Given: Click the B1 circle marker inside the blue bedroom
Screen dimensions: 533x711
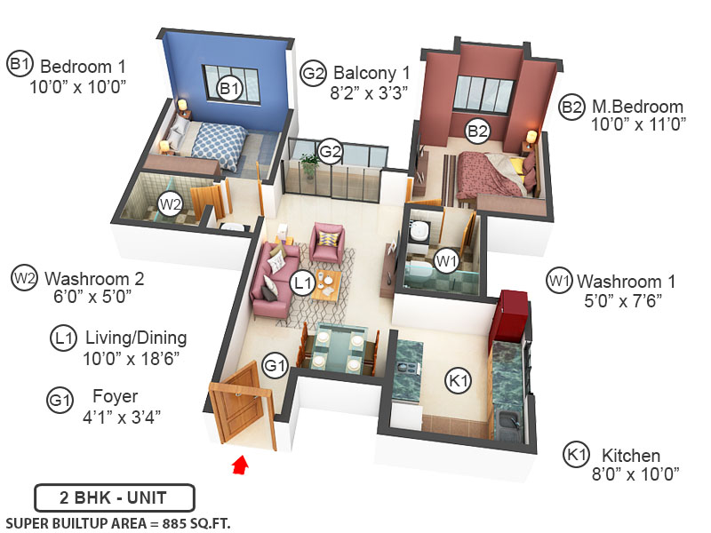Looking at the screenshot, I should pos(230,88).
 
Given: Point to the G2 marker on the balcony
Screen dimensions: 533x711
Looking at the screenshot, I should pos(331,152).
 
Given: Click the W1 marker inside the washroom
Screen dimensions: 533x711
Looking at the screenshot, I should pos(446,261).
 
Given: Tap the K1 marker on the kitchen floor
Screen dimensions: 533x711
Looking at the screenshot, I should pos(458,382).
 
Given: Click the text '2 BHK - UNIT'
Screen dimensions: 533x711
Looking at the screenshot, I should pos(114,497).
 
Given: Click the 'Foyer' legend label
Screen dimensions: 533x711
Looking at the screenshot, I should pos(115,396).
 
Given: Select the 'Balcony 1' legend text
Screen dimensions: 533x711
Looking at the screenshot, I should pos(371,71).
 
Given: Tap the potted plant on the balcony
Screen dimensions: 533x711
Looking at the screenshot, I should pos(309,166).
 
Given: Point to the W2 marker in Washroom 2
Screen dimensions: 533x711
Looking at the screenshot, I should pos(170,203).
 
